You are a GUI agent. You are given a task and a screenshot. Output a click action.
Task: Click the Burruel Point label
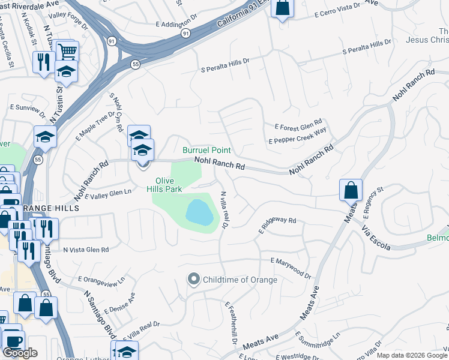(x=207, y=149)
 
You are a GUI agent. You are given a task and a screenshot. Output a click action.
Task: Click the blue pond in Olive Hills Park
(x=199, y=212)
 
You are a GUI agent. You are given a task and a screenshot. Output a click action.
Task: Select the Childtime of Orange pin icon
(x=193, y=280)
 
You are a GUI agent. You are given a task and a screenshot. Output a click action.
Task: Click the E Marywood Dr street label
(x=291, y=269)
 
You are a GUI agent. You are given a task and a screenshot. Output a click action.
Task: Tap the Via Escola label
(x=376, y=239)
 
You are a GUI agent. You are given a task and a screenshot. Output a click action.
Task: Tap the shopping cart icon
(x=67, y=50)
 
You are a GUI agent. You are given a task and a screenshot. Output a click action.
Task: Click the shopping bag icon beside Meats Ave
(x=351, y=190)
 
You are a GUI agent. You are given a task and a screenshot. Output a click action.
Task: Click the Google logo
(x=20, y=353)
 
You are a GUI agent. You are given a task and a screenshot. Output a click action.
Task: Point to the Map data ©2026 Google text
(x=412, y=355)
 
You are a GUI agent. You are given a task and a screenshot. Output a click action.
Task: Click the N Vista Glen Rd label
(x=86, y=250)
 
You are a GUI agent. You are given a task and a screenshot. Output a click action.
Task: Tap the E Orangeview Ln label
(x=101, y=280)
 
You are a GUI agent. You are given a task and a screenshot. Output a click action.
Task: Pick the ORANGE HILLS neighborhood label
(x=55, y=208)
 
